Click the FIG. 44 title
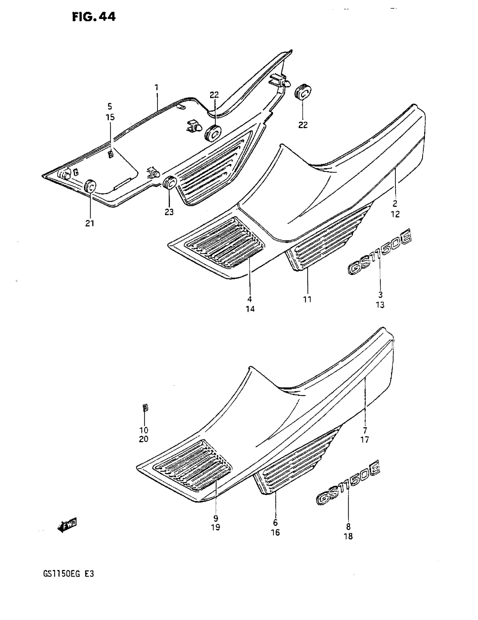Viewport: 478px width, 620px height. (x=94, y=17)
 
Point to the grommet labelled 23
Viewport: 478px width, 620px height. (x=169, y=183)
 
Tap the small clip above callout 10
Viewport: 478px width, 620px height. (x=145, y=408)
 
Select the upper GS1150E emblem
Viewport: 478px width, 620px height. (x=379, y=253)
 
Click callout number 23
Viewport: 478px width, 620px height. (x=169, y=212)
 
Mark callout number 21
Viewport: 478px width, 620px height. (x=89, y=223)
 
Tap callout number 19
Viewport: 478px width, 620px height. (x=216, y=528)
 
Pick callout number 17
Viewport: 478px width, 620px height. (x=365, y=440)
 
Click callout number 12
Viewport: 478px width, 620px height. (x=395, y=214)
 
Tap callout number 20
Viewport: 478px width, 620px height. (x=143, y=439)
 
